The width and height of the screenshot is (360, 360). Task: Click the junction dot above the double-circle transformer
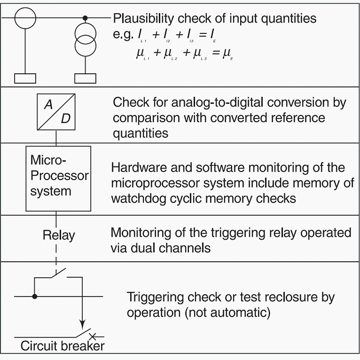(86, 18)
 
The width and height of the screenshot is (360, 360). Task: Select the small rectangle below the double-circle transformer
(86, 78)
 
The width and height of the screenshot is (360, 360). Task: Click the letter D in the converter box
(65, 118)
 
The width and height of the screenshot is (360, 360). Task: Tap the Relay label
(59, 235)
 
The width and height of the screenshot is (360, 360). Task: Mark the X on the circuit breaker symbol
(93, 336)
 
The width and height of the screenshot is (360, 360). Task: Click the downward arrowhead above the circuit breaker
(82, 324)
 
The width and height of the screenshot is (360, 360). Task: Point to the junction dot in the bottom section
(35, 297)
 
